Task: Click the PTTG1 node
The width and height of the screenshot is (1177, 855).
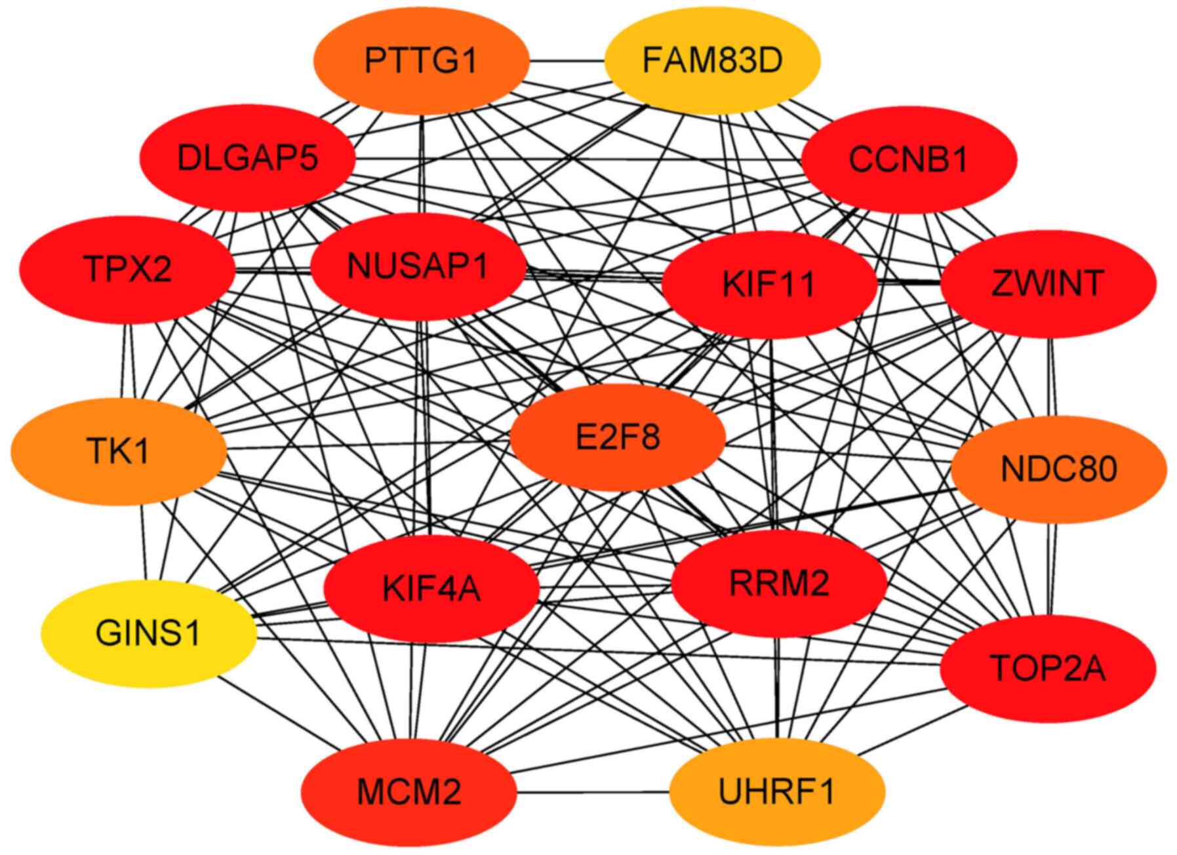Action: point(421,61)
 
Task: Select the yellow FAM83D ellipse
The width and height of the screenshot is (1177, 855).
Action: point(712,61)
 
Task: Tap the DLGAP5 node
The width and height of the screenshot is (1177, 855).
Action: point(247,158)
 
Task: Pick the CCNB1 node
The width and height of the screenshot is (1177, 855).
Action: point(908,159)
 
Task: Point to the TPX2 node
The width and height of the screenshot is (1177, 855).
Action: point(127,269)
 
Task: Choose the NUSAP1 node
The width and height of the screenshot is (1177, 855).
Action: point(418,266)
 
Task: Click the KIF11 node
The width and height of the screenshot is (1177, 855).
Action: point(768,285)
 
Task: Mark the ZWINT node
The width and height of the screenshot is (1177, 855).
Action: point(1047,283)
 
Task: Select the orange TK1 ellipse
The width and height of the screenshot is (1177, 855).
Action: point(119,451)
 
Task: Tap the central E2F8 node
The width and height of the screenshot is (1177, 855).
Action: point(618,437)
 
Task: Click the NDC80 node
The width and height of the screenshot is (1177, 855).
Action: point(1058,469)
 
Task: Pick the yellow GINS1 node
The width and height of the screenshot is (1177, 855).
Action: point(148,633)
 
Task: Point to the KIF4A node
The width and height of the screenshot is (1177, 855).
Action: point(431,588)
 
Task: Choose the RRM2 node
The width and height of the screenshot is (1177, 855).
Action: point(779,583)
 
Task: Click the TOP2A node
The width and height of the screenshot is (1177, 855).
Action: point(1047,669)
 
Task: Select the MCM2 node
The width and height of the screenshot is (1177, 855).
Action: point(409,791)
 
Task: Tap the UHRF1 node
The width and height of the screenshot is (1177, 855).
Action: point(776,791)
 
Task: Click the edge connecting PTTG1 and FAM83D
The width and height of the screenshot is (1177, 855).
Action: point(567,62)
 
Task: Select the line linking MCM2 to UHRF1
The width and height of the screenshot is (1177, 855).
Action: point(593,792)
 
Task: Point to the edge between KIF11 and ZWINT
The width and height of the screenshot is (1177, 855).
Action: point(909,283)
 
